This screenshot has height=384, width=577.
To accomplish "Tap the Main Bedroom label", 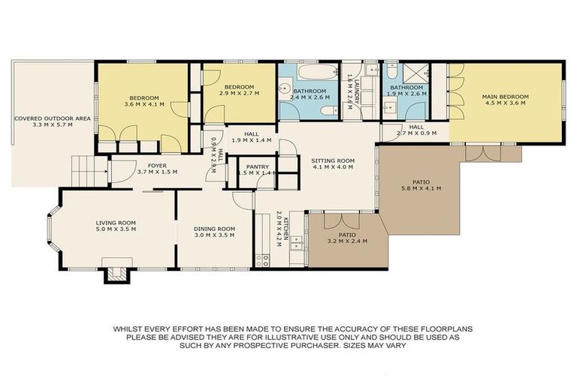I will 505,97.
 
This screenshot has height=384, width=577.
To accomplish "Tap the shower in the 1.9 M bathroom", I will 417,73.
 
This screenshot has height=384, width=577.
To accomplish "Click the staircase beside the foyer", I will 85,171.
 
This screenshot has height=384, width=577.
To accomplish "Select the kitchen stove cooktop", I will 263,259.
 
